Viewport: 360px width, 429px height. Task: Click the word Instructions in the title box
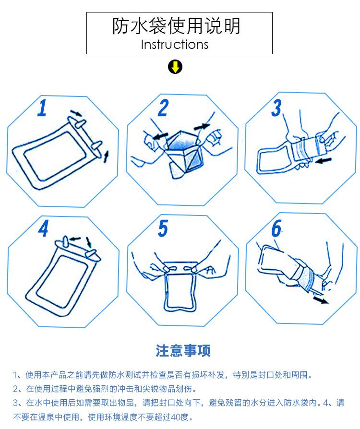pos(175,45)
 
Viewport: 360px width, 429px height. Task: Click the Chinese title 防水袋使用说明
pos(176,26)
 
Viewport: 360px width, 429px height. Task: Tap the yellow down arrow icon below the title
pos(175,67)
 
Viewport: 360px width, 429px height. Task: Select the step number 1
pos(42,108)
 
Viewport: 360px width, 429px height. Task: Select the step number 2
pos(163,108)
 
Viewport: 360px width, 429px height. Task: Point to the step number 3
pos(276,108)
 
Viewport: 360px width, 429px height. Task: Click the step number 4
pos(43,229)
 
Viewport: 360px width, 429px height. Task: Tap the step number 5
pos(163,229)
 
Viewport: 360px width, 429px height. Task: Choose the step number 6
pos(276,230)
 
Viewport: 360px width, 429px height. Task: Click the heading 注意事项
pos(183,350)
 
